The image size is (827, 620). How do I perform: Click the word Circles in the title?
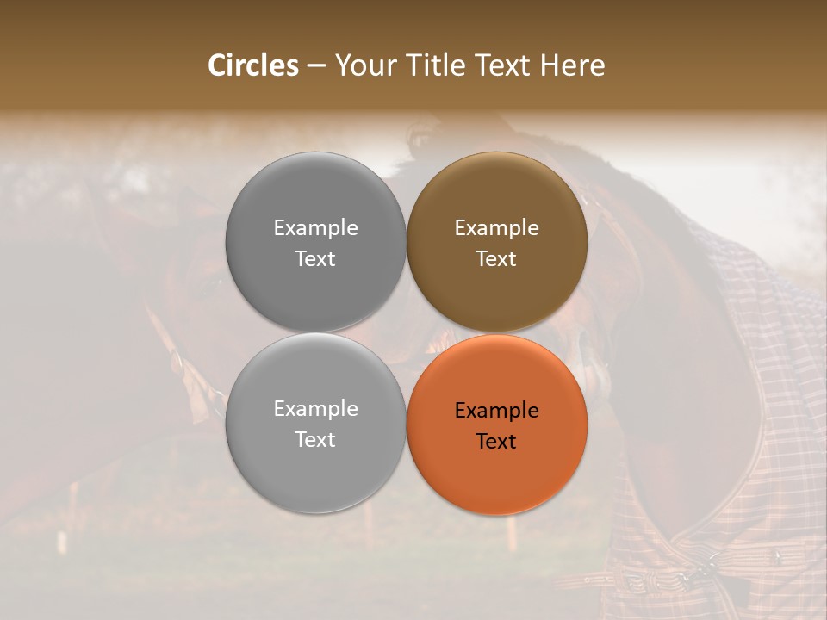[253, 65]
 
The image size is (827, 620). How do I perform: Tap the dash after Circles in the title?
[316, 66]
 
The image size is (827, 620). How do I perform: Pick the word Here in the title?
[573, 65]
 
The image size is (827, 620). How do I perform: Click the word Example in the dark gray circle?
[315, 227]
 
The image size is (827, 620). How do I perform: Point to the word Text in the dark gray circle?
[315, 258]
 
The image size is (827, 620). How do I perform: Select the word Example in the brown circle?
[496, 227]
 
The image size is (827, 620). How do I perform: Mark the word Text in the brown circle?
[496, 258]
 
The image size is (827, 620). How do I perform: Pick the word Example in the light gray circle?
[315, 408]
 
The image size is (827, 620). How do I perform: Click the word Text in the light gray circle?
[315, 439]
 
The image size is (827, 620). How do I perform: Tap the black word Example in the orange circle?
[496, 410]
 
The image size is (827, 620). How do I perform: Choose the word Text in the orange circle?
[496, 441]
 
